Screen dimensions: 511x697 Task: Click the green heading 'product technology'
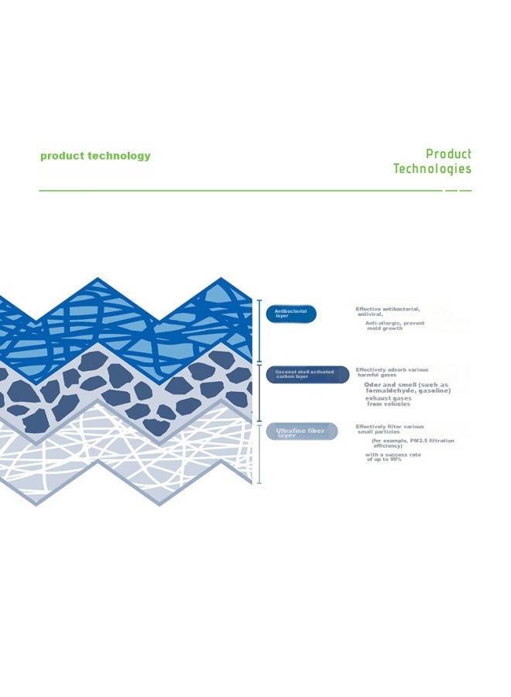point(95,156)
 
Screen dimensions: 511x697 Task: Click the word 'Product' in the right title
point(448,154)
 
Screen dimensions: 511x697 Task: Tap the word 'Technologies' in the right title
point(432,169)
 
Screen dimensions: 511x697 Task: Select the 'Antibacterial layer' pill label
point(291,314)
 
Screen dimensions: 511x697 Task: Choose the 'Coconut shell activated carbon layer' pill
point(307,374)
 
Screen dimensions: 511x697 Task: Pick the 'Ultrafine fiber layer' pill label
point(302,431)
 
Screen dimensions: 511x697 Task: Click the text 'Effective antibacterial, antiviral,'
point(387,311)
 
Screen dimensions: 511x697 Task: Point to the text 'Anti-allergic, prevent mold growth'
point(395,326)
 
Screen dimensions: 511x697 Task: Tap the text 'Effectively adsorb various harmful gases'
point(392,373)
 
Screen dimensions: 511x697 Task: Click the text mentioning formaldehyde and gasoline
point(407,388)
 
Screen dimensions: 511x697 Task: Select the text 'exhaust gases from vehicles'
point(389,401)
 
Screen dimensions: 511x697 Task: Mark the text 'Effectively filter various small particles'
point(389,429)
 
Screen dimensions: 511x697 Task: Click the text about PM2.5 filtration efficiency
point(413,443)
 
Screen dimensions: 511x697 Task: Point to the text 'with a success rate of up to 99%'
point(393,457)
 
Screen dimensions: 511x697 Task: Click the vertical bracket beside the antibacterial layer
point(259,331)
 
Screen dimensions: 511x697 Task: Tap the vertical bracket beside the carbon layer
point(259,393)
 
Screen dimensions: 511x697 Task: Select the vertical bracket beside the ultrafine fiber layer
point(259,454)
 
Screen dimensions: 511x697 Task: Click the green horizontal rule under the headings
point(256,191)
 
